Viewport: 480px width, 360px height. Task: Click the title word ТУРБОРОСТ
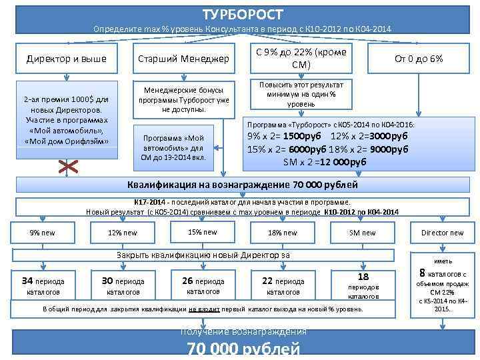point(243,14)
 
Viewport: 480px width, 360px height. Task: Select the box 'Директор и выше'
point(66,59)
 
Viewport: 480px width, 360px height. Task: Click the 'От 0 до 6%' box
point(418,59)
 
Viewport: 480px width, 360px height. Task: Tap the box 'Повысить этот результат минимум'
point(297,94)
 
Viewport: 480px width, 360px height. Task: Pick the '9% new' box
point(43,233)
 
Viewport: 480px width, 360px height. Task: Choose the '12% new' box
point(122,233)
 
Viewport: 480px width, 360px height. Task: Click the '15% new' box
point(202,232)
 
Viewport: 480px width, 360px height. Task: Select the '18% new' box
point(282,233)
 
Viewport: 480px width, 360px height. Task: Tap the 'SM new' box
point(362,233)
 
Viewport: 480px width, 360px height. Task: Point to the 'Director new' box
point(442,233)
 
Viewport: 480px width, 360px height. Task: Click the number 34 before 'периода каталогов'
point(28,280)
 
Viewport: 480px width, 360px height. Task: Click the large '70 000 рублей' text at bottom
point(243,349)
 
